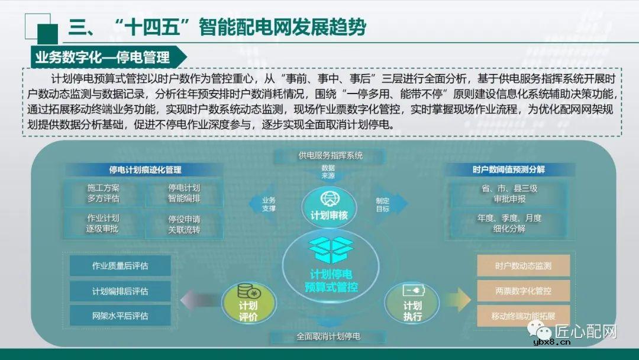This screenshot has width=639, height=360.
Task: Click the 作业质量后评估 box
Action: point(120,266)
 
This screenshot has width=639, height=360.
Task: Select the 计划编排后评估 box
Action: point(120,291)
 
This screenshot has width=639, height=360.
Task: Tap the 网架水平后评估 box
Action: point(120,316)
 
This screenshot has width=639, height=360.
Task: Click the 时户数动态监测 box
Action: point(523,266)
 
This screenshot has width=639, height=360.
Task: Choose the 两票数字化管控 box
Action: point(523,291)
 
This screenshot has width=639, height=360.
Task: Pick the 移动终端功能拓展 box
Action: point(523,316)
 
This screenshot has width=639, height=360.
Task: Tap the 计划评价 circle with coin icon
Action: point(248,303)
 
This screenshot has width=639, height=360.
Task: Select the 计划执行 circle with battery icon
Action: point(412,303)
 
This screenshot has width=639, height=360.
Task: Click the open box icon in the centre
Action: point(331,250)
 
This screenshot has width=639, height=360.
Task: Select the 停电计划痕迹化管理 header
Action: point(145,169)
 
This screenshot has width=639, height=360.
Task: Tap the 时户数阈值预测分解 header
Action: point(509,169)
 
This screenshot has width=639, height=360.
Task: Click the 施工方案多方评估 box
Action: point(104,193)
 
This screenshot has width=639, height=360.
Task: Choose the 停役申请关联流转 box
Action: point(184,224)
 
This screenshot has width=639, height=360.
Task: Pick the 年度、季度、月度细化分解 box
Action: point(509,223)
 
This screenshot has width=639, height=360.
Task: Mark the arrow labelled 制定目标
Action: point(390,204)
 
